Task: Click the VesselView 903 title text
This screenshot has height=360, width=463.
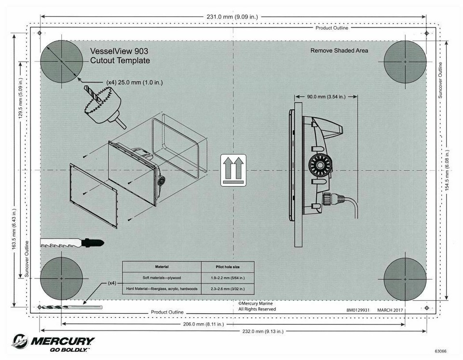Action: [119, 51]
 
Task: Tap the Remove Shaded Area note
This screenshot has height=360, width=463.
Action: [339, 51]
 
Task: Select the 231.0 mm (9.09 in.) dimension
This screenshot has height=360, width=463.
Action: [232, 17]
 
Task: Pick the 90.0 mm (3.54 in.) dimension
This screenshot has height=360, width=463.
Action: [326, 97]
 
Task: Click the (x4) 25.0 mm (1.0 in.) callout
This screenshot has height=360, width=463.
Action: [134, 83]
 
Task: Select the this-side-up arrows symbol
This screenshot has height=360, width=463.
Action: [233, 170]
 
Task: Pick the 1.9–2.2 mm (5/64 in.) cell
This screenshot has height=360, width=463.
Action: [227, 278]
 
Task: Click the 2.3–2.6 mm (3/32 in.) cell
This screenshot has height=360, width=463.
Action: [227, 289]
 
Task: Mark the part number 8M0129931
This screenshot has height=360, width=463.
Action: [357, 310]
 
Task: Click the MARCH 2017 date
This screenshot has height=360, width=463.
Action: [390, 310]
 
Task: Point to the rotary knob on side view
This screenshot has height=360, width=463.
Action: [318, 167]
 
